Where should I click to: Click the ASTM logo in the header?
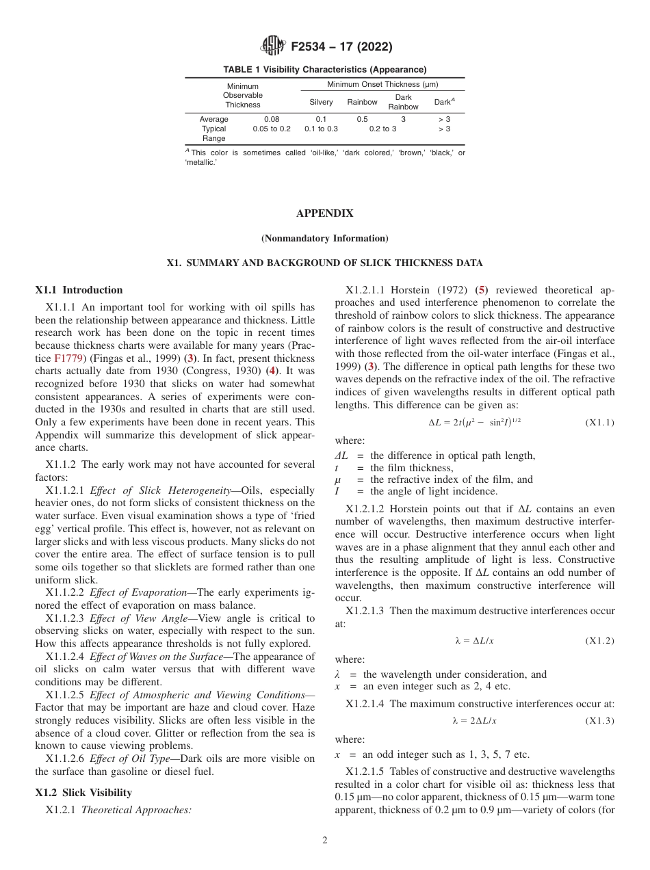pyautogui.click(x=273, y=47)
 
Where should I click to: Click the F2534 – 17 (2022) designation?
pyautogui.click(x=341, y=47)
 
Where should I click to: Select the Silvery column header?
pyautogui.click(x=321, y=103)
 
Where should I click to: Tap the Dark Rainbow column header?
pyautogui.click(x=403, y=103)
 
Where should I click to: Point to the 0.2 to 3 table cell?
pyautogui.click(x=382, y=129)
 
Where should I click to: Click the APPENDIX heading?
pyautogui.click(x=324, y=213)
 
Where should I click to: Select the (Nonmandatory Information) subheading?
pyautogui.click(x=324, y=238)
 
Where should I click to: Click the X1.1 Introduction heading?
pyautogui.click(x=79, y=290)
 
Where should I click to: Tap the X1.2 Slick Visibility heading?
pyautogui.click(x=83, y=793)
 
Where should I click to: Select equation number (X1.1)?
pyautogui.click(x=599, y=423)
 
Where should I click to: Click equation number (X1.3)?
pyautogui.click(x=599, y=720)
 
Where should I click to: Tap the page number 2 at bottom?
pyautogui.click(x=324, y=841)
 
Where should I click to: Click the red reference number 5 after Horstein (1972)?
pyautogui.click(x=482, y=290)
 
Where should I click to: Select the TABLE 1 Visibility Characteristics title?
pyautogui.click(x=324, y=70)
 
